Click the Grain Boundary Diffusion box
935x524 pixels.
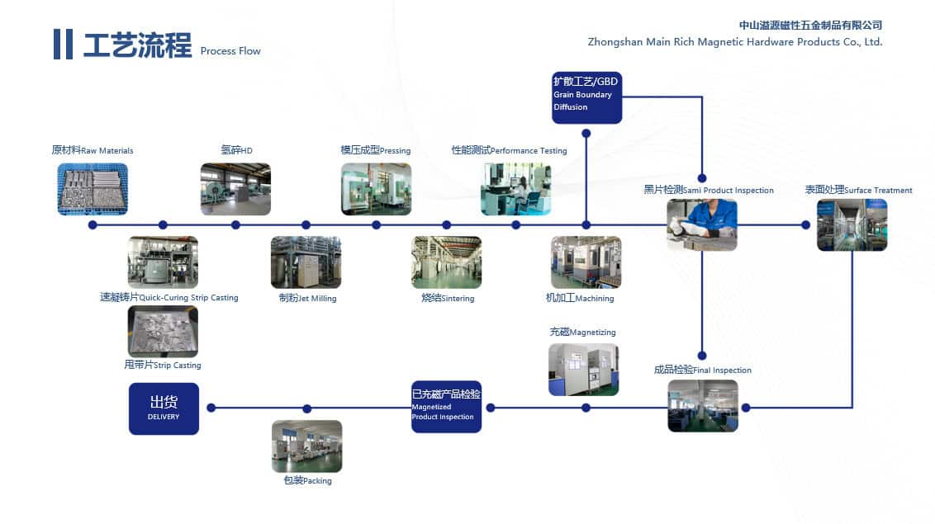click(586, 97)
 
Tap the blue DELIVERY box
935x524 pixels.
click(164, 408)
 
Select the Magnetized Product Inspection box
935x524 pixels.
click(446, 406)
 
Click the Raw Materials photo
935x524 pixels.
click(93, 189)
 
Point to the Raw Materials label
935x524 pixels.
click(92, 151)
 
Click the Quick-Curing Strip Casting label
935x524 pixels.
click(168, 297)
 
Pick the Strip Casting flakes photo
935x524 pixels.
click(163, 331)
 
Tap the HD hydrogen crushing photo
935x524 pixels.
click(235, 189)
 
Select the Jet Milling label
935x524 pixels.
click(307, 298)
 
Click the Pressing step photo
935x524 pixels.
click(376, 189)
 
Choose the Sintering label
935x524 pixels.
click(448, 298)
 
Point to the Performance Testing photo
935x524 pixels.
click(515, 189)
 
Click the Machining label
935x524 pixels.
click(580, 298)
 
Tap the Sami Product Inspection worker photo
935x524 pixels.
click(701, 224)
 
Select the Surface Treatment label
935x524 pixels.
click(858, 191)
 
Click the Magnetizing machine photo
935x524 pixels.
click(583, 369)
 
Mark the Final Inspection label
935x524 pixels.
click(702, 371)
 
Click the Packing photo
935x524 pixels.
click(306, 446)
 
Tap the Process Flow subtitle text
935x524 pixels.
click(230, 51)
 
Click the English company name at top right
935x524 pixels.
click(734, 42)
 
